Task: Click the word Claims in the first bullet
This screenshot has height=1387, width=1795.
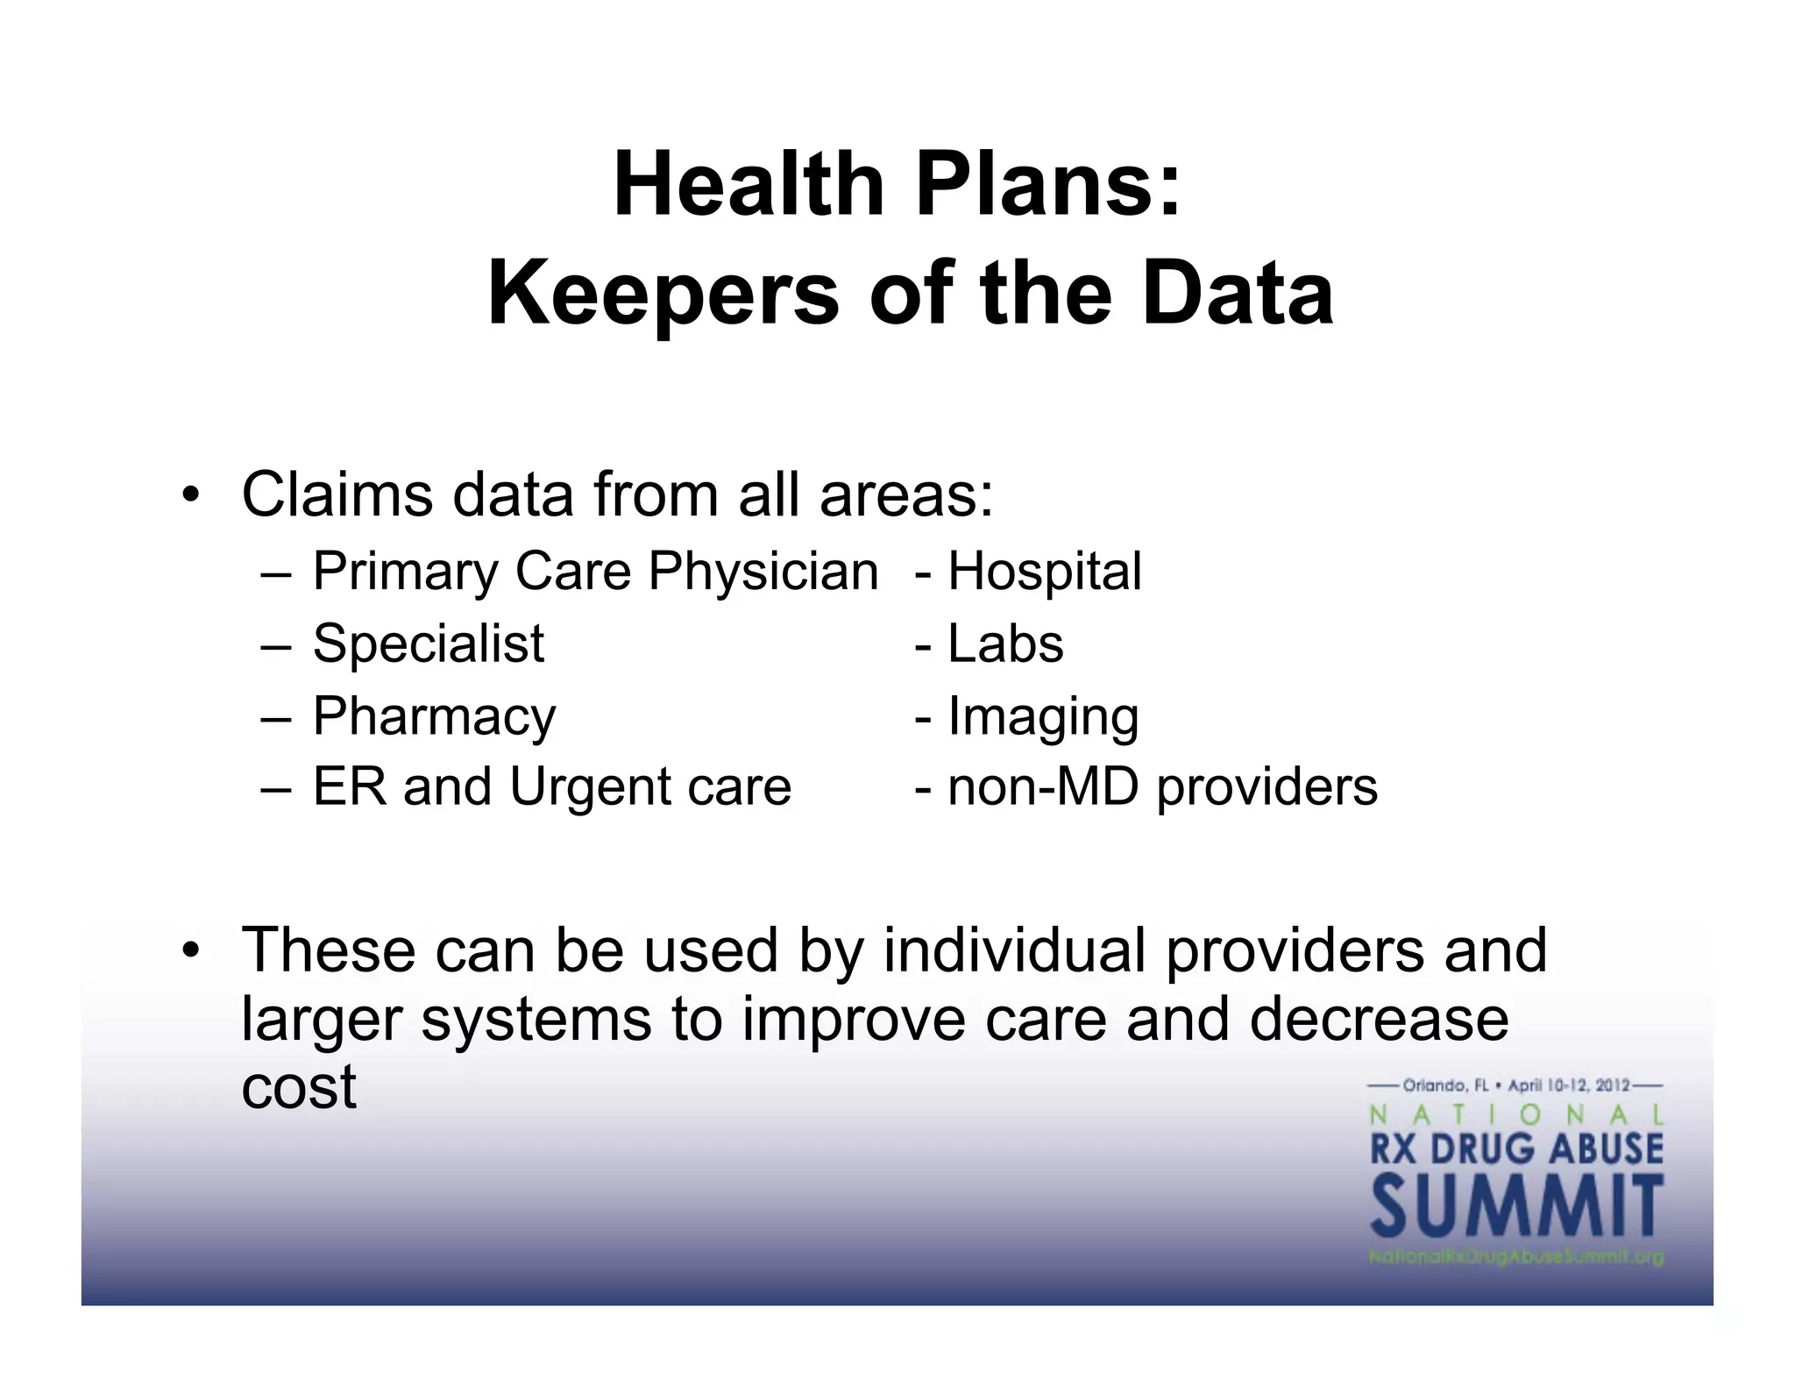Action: pos(337,494)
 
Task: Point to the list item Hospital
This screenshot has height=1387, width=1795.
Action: pos(1044,573)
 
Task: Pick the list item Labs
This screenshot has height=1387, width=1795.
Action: pos(1005,644)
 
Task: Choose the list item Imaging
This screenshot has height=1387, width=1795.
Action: pos(1043,717)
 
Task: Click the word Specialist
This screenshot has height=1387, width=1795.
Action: pos(429,644)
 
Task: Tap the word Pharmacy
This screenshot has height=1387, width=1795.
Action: pos(434,717)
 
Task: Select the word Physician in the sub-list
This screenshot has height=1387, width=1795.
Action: pos(763,573)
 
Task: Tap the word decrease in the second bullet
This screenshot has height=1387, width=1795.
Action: pos(1379,1019)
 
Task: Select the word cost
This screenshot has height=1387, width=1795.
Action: pos(299,1087)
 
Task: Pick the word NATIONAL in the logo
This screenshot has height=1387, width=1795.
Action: pos(1516,1115)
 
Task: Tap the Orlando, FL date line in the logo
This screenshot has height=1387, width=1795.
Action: pos(1516,1085)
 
